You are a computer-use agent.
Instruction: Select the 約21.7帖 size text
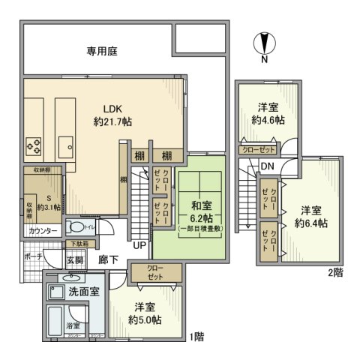click(x=112, y=121)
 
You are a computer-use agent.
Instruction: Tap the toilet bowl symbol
click(x=77, y=226)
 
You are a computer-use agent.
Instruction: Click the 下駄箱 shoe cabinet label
click(x=79, y=244)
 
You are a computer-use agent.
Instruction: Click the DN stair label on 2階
click(x=268, y=166)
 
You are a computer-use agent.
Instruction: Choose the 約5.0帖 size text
click(x=144, y=317)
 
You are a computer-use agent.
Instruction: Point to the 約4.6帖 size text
click(x=268, y=120)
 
